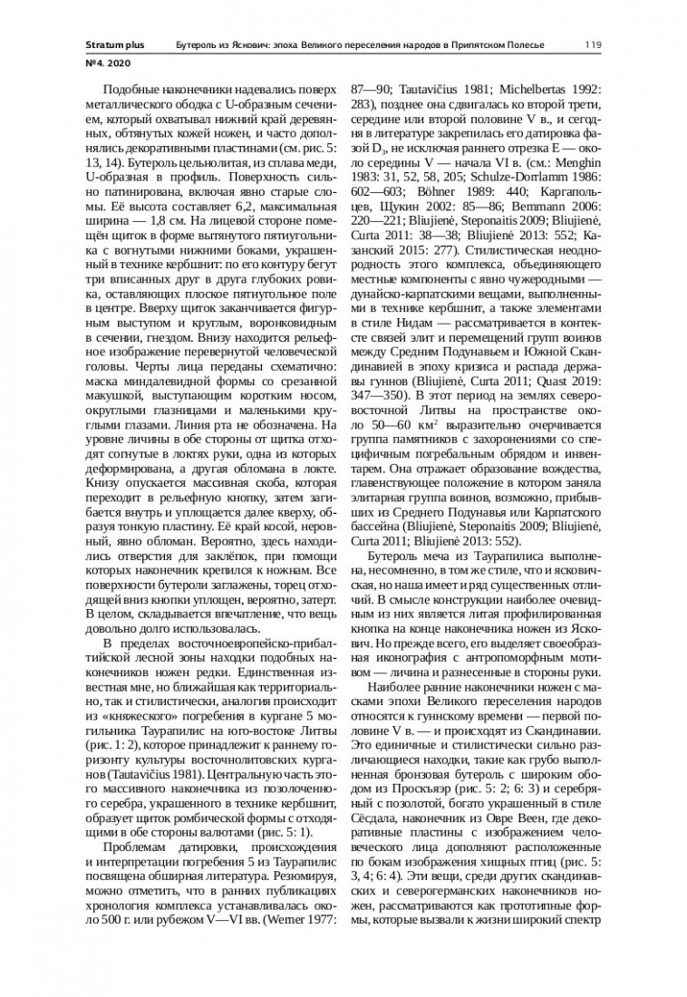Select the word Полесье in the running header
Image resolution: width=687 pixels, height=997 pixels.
point(535,44)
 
